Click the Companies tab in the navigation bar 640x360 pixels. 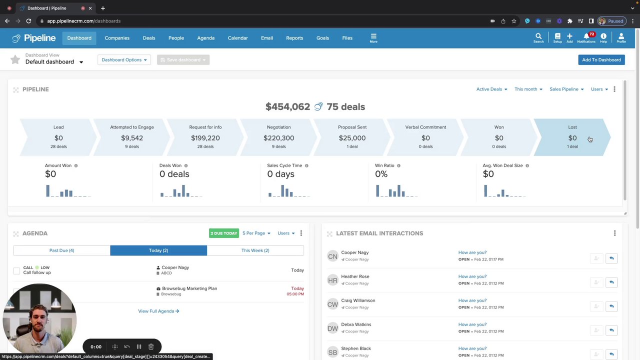[117, 38]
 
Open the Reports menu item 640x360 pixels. [294, 38]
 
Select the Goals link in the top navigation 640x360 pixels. [322, 38]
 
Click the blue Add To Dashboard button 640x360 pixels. [601, 60]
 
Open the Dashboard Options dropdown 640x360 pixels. [124, 60]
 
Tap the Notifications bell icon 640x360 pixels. [586, 37]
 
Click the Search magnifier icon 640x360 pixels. [538, 37]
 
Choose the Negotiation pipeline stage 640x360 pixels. [278, 137]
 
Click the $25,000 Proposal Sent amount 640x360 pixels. [352, 138]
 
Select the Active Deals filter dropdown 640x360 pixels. [491, 89]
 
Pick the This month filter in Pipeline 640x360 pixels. [528, 89]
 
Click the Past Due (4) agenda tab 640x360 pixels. [61, 250]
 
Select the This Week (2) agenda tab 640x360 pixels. [255, 250]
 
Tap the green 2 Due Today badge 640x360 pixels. [223, 233]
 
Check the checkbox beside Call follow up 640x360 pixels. [16, 270]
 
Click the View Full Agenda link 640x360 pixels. [158, 311]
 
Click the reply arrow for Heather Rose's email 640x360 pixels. [611, 282]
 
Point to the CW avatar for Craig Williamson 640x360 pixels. [332, 304]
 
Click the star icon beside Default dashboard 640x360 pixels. [15, 60]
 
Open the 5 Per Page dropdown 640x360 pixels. [256, 233]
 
